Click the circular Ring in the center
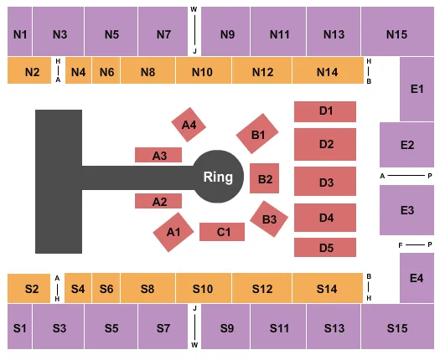coord(218,177)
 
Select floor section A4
coord(189,125)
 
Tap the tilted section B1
coord(258,134)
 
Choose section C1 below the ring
coord(223,232)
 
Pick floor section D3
coord(325,182)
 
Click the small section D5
coord(325,248)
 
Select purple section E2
coord(406,145)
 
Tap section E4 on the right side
coord(417,279)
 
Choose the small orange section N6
coord(106,72)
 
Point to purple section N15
coord(396,34)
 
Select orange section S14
coord(326,289)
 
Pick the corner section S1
coord(19,327)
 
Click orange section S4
coord(78,289)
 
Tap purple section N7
coord(163,34)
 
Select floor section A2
coord(160,201)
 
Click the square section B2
coord(265,178)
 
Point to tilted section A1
coord(173,232)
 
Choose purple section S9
coord(227,327)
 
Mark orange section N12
coord(262,72)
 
